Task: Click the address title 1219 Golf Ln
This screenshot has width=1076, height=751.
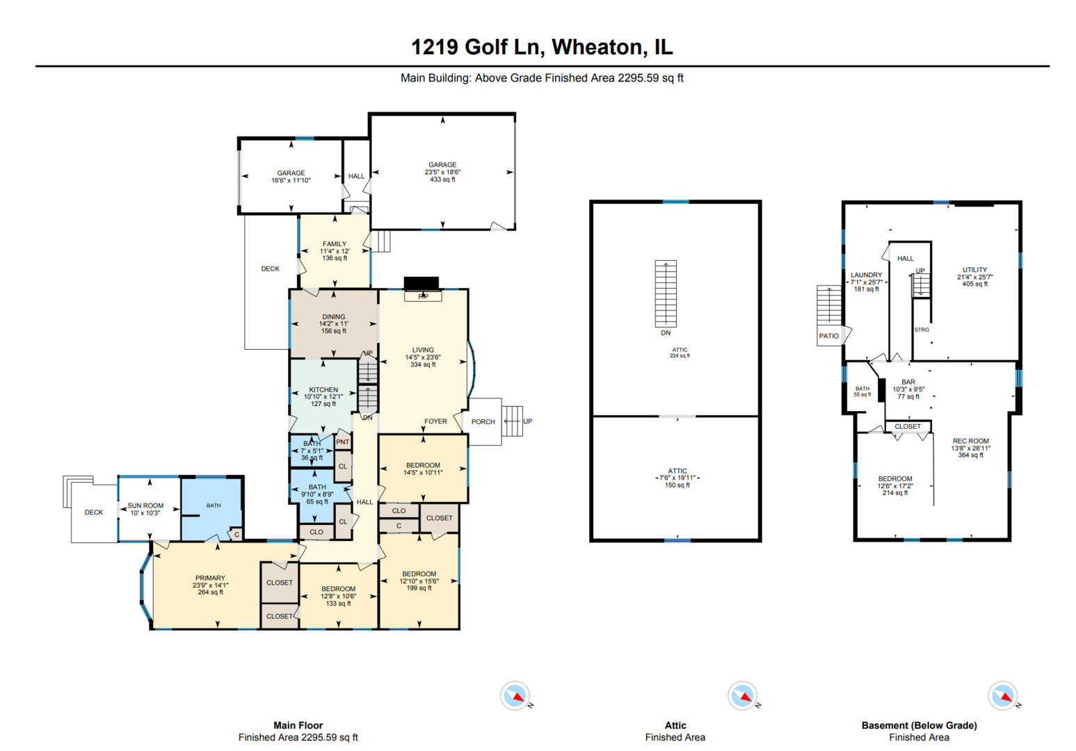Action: pyautogui.click(x=542, y=47)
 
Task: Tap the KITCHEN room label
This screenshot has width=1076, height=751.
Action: pyautogui.click(x=323, y=390)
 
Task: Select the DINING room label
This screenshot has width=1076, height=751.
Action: pyautogui.click(x=334, y=317)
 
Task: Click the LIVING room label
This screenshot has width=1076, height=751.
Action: pyautogui.click(x=423, y=350)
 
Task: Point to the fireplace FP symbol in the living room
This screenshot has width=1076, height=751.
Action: pyautogui.click(x=422, y=296)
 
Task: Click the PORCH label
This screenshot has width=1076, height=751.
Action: pyautogui.click(x=483, y=421)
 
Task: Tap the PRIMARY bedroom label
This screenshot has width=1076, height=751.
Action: pyautogui.click(x=210, y=578)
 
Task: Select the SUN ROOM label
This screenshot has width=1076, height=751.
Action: pyautogui.click(x=145, y=506)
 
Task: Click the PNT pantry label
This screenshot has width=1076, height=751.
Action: pyautogui.click(x=343, y=442)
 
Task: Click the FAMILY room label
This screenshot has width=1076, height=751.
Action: pyautogui.click(x=335, y=244)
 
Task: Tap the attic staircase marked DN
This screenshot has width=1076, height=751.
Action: pyautogui.click(x=666, y=293)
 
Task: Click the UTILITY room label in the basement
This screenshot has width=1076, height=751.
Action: pyautogui.click(x=974, y=270)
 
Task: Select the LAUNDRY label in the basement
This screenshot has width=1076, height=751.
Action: pyautogui.click(x=866, y=275)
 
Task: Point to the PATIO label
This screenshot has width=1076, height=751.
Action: pyautogui.click(x=828, y=336)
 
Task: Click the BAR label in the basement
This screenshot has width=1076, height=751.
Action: pyautogui.click(x=908, y=382)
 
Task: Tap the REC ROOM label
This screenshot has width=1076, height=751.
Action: pyautogui.click(x=970, y=441)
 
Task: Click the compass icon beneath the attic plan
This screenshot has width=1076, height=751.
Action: pyautogui.click(x=742, y=695)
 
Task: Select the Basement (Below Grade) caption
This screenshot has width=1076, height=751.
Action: pyautogui.click(x=919, y=725)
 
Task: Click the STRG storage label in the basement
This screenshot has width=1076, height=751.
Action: pyautogui.click(x=922, y=330)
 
